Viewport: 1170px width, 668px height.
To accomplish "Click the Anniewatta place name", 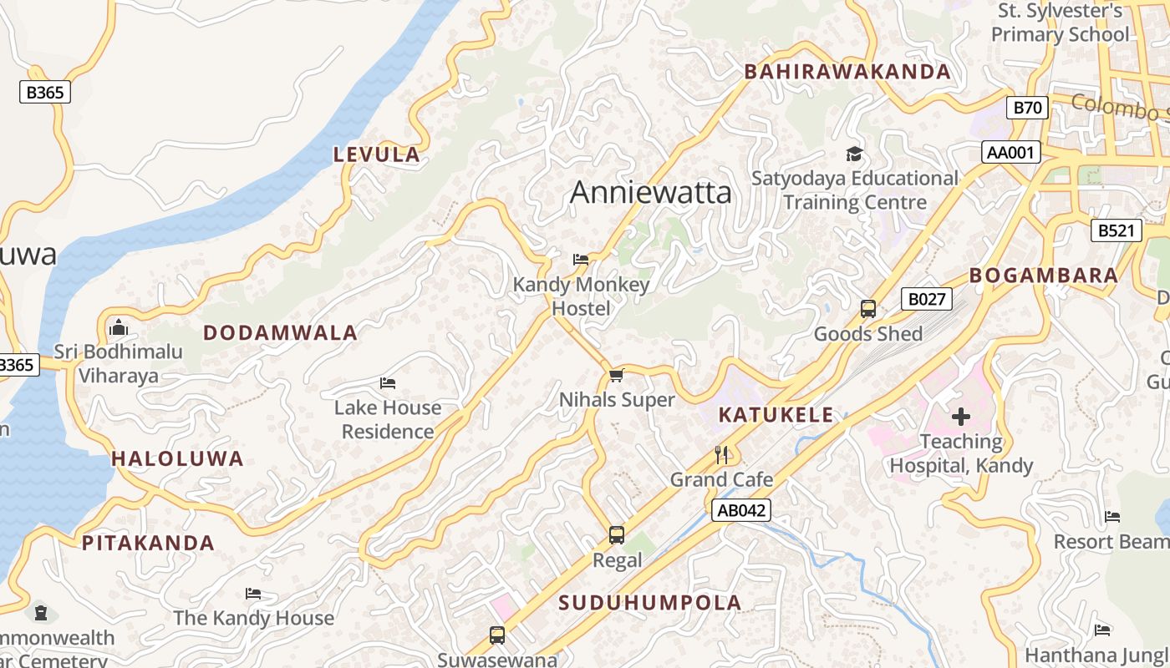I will click(x=650, y=193).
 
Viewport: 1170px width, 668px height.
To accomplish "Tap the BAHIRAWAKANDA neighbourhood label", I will click(x=847, y=72).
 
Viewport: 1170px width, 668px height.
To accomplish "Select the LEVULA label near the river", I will click(x=376, y=154).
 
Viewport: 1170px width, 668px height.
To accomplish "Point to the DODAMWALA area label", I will click(x=280, y=333).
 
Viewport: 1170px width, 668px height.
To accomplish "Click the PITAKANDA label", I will click(x=148, y=543).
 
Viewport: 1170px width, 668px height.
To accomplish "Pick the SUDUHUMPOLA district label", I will click(x=649, y=603).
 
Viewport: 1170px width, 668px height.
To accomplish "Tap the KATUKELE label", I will click(x=776, y=415).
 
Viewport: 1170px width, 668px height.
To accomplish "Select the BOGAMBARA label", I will click(x=1043, y=276).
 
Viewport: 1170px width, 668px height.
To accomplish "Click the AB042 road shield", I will click(x=740, y=511).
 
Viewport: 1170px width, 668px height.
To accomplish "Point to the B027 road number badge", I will click(x=926, y=299).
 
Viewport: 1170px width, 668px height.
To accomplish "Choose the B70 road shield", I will click(x=1027, y=108).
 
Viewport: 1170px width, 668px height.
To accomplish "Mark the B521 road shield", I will click(x=1116, y=230).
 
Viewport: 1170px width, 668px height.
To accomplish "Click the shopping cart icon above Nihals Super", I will click(x=617, y=376).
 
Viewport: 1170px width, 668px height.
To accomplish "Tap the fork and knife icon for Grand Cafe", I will click(x=722, y=455).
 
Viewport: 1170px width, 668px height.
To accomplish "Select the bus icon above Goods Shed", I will click(x=868, y=309).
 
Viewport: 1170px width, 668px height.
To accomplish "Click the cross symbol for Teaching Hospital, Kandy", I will click(x=961, y=416).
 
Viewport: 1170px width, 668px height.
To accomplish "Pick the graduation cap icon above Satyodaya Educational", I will click(x=854, y=154).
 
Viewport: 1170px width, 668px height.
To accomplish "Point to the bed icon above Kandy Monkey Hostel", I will click(x=581, y=260).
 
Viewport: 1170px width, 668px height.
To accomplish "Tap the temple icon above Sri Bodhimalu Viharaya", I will click(x=118, y=326).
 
